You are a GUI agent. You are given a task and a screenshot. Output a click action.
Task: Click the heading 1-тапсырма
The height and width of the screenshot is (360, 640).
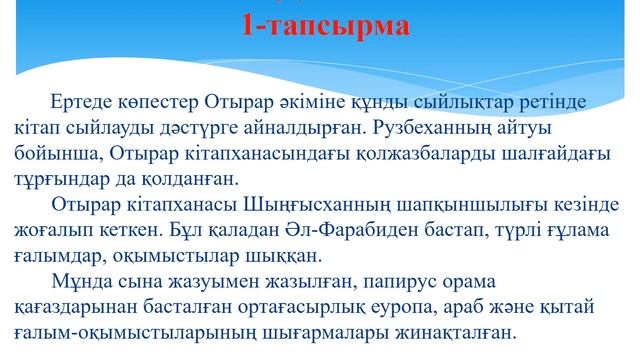coord(325,26)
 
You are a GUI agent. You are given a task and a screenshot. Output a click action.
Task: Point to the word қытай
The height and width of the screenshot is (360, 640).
coord(587,306)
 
